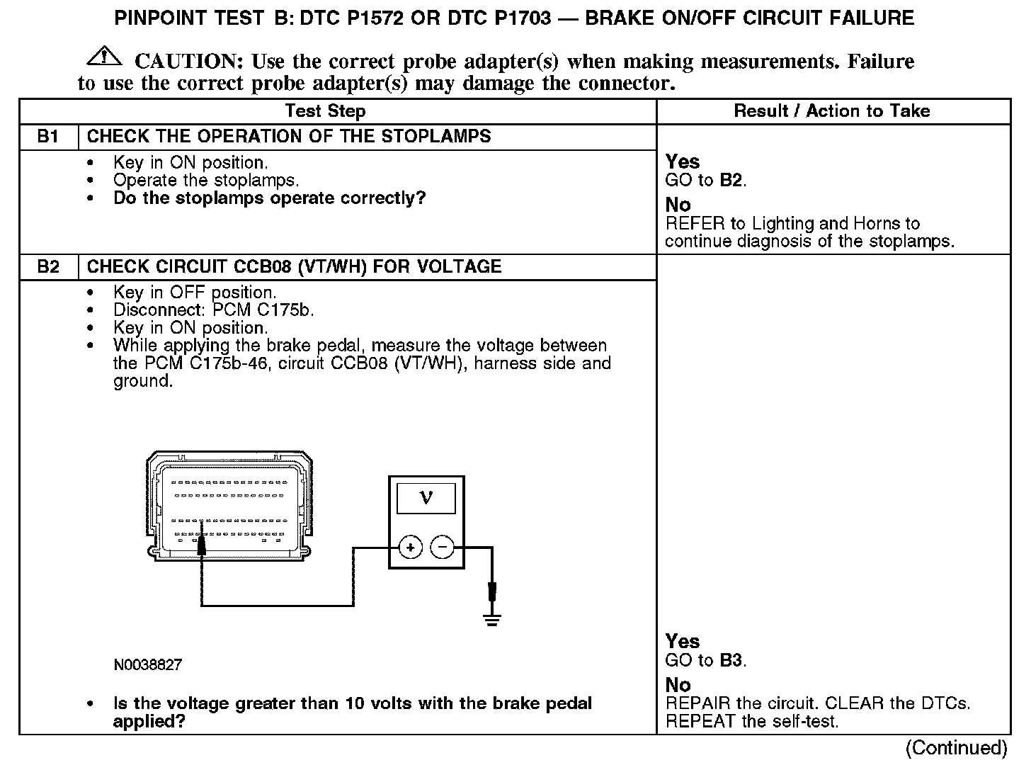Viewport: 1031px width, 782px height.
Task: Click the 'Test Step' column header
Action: [325, 111]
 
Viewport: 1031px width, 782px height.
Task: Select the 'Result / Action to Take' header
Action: [832, 111]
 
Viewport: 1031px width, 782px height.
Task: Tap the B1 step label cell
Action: [48, 137]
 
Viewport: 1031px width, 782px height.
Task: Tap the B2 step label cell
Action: [48, 267]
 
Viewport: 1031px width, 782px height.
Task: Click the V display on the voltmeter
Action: [426, 498]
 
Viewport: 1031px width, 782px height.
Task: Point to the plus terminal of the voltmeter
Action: [411, 547]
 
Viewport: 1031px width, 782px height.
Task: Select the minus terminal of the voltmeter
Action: [443, 547]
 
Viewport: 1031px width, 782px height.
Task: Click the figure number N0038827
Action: [147, 665]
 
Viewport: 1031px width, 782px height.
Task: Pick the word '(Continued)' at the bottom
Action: [956, 748]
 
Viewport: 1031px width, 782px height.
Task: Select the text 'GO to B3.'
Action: [706, 661]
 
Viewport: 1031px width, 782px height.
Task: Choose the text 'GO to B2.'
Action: [706, 180]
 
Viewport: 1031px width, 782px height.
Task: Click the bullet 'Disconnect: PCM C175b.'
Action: [213, 310]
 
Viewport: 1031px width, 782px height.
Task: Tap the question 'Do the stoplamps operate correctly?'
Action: [269, 198]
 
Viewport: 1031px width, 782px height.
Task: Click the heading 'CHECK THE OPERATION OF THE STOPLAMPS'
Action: [289, 137]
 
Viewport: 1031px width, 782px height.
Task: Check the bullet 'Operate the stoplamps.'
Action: [206, 181]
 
